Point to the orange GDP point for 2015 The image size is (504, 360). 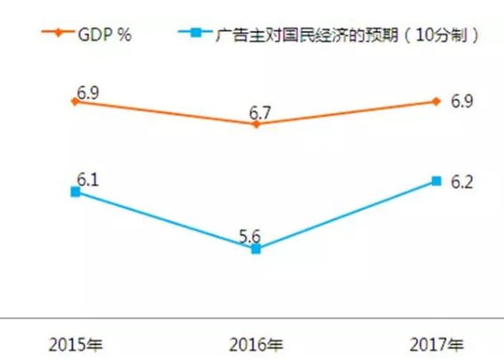pos(75,102)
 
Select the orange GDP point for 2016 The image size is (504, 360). pos(256,124)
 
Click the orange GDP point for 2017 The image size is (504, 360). pos(435,101)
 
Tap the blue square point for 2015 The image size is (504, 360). pos(75,191)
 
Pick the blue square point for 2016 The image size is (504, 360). pos(256,250)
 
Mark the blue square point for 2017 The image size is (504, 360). pos(435,181)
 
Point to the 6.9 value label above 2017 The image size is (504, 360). pos(461,101)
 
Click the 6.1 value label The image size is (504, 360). pos(87,179)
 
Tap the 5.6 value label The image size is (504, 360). pos(253,236)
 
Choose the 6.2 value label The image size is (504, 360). pos(461,182)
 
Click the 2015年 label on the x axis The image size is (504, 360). pos(74,345)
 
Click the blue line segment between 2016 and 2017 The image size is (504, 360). pos(345,216)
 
